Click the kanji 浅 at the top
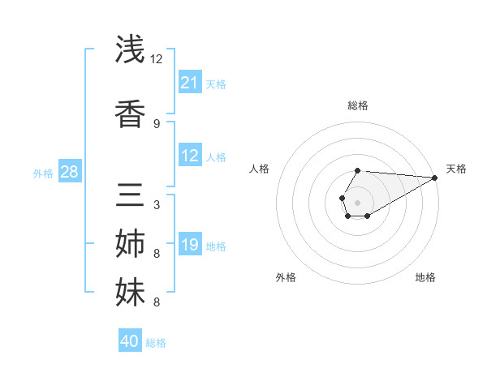click(130, 49)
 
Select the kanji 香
click(130, 114)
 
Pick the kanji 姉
click(130, 244)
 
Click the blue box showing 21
click(190, 83)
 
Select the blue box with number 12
click(190, 156)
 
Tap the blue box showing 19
click(190, 245)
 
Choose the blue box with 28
click(69, 172)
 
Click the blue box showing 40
click(130, 341)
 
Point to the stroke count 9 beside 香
click(157, 123)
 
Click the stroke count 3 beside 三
click(157, 204)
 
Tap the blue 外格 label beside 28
click(43, 173)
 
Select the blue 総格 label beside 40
click(156, 343)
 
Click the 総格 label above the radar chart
click(358, 105)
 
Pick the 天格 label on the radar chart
click(456, 169)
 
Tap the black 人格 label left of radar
click(260, 169)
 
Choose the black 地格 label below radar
click(425, 277)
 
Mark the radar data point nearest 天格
click(435, 177)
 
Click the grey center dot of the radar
click(357, 201)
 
